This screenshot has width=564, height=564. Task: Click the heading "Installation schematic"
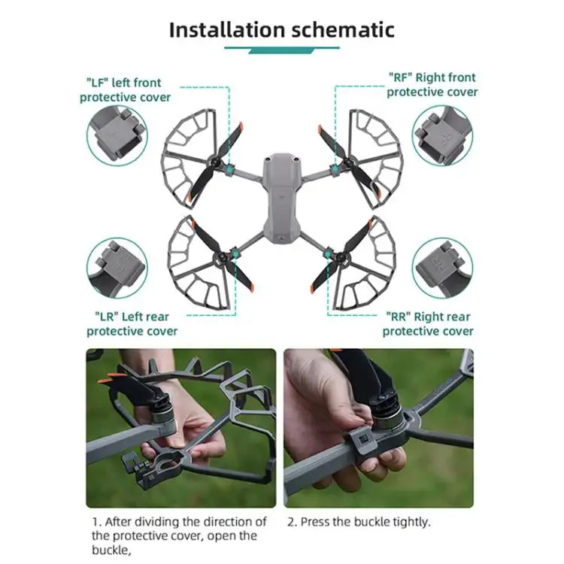[281, 29]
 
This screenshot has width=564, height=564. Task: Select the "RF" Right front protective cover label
[432, 84]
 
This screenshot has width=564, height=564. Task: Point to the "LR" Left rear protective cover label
[132, 323]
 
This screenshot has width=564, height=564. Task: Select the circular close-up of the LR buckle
[117, 267]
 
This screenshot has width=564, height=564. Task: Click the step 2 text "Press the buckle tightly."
[358, 521]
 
